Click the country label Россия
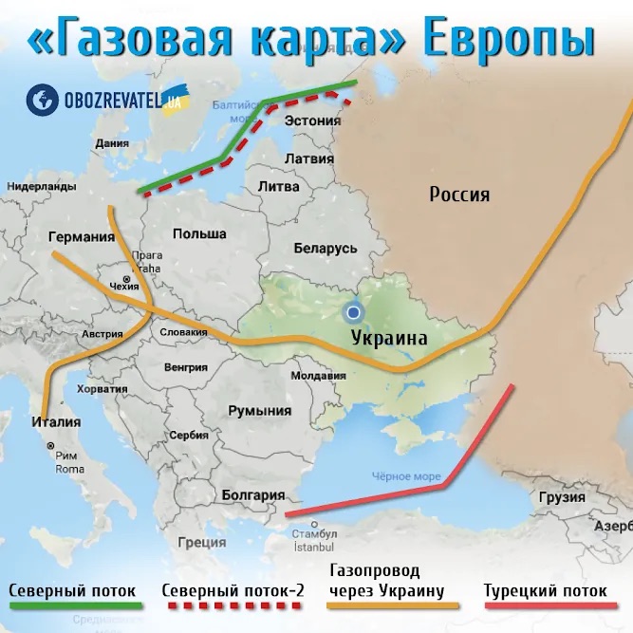(x=459, y=195)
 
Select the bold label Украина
(x=388, y=337)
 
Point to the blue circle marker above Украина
(x=354, y=311)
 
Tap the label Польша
(x=199, y=233)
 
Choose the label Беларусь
(x=325, y=248)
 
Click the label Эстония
(x=312, y=121)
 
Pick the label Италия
(x=55, y=421)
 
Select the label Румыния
(x=259, y=411)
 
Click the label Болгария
(x=252, y=494)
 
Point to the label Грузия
(x=561, y=497)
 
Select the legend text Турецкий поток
(x=545, y=590)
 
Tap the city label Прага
(x=149, y=255)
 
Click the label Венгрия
(x=185, y=366)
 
